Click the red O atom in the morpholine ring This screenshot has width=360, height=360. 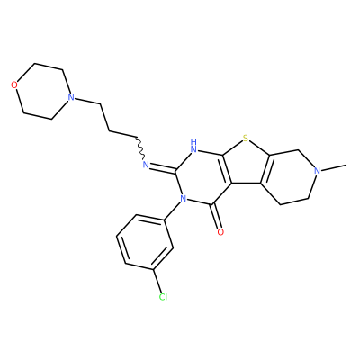point(14,85)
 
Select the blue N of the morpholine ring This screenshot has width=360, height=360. point(71,97)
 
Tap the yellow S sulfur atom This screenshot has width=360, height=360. point(246,139)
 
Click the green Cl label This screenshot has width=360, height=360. point(163,297)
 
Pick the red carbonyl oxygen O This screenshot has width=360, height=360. point(220,232)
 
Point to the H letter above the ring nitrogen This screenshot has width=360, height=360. point(194,141)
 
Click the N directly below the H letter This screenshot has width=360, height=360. point(194,148)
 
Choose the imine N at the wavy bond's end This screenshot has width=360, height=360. point(146,164)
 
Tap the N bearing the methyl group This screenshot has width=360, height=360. point(317,171)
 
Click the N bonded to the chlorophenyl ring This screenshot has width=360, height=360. point(183,198)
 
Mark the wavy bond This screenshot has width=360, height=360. point(139,148)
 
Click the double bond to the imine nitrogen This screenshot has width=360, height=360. point(163,169)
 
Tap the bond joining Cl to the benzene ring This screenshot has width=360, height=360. point(157,281)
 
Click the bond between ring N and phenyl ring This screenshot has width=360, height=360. point(172,211)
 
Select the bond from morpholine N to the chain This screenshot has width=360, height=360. point(87,101)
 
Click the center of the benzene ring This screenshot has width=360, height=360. point(145,242)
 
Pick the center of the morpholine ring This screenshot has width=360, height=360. point(42,91)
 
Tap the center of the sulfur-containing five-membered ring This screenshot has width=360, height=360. point(246,165)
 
